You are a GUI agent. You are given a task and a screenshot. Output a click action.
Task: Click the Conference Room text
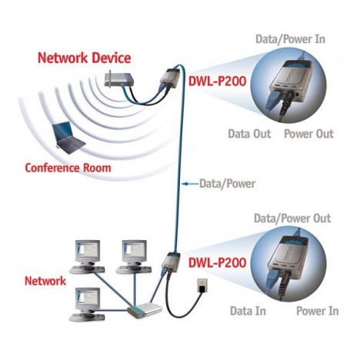tap(68, 168)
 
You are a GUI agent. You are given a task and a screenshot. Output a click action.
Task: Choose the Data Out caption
tap(249, 134)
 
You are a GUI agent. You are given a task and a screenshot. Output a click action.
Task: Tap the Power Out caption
tap(308, 134)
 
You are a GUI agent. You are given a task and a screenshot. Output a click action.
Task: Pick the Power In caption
tap(317, 311)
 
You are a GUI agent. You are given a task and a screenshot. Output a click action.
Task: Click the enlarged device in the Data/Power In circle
tap(293, 83)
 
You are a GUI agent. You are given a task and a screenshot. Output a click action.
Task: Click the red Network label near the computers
tap(45, 282)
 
